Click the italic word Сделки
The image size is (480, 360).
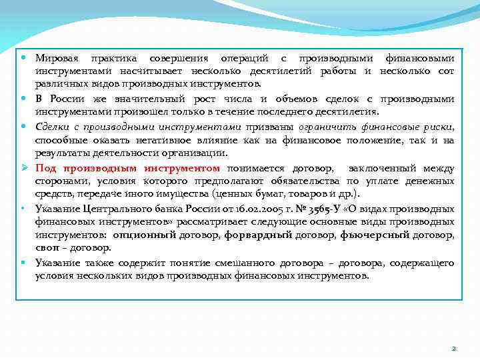coord(51,127)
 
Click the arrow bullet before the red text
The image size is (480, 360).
coord(24,168)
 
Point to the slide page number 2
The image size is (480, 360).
coord(453,348)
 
